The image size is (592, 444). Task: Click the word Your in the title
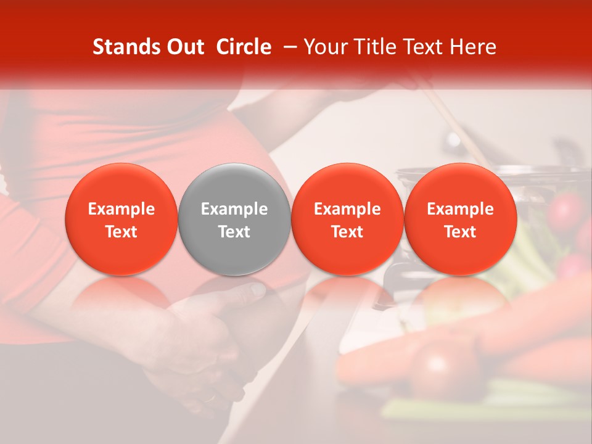(325, 47)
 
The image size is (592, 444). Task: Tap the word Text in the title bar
(425, 47)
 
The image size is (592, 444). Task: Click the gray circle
(234, 219)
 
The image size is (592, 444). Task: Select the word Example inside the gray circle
(234, 209)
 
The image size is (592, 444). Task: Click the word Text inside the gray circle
(234, 232)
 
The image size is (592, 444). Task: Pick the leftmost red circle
(121, 219)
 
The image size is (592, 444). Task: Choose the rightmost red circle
(460, 219)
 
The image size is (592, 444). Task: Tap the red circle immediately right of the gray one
(347, 219)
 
